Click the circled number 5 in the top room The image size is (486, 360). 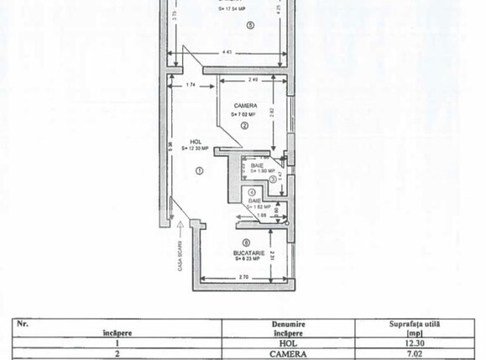point(250,24)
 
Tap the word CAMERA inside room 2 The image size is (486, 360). point(245,105)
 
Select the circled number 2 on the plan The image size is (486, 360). point(244,125)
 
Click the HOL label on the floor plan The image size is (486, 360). point(195,141)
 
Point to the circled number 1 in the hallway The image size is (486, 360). point(199,170)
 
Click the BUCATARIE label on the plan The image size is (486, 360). point(250,251)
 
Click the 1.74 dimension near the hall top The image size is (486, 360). point(191,84)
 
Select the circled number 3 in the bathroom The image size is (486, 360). point(273,180)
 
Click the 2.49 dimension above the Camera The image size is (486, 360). point(253,81)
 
